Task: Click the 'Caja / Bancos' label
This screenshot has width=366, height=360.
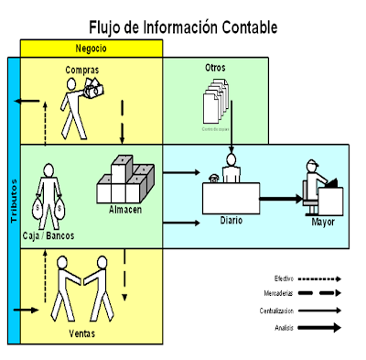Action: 48,235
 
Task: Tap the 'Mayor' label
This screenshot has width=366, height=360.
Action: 322,222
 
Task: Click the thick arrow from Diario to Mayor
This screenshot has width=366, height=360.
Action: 284,196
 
